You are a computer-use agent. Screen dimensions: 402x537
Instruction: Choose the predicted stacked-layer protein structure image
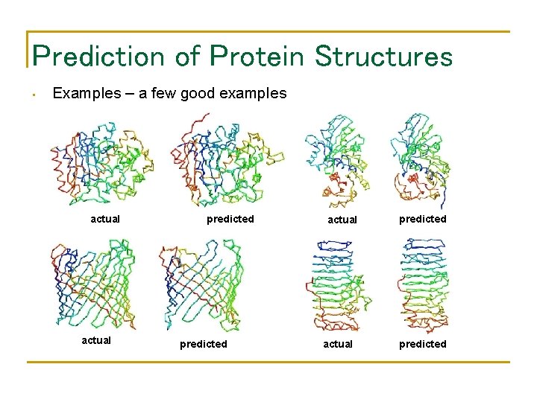(422, 283)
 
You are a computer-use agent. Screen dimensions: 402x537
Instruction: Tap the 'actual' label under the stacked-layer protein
(337, 344)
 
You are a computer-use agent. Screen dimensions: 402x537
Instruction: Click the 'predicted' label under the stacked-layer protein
(422, 344)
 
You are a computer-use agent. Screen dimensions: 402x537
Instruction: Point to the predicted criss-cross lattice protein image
(200, 284)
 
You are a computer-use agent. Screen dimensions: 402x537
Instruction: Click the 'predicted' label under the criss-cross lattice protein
(203, 344)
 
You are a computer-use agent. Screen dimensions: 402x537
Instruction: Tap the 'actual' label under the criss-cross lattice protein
(96, 340)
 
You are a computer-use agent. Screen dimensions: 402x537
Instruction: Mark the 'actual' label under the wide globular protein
(105, 219)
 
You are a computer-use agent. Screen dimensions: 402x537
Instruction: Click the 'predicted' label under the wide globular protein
(230, 219)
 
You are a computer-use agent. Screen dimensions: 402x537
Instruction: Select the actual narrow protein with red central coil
(339, 160)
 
